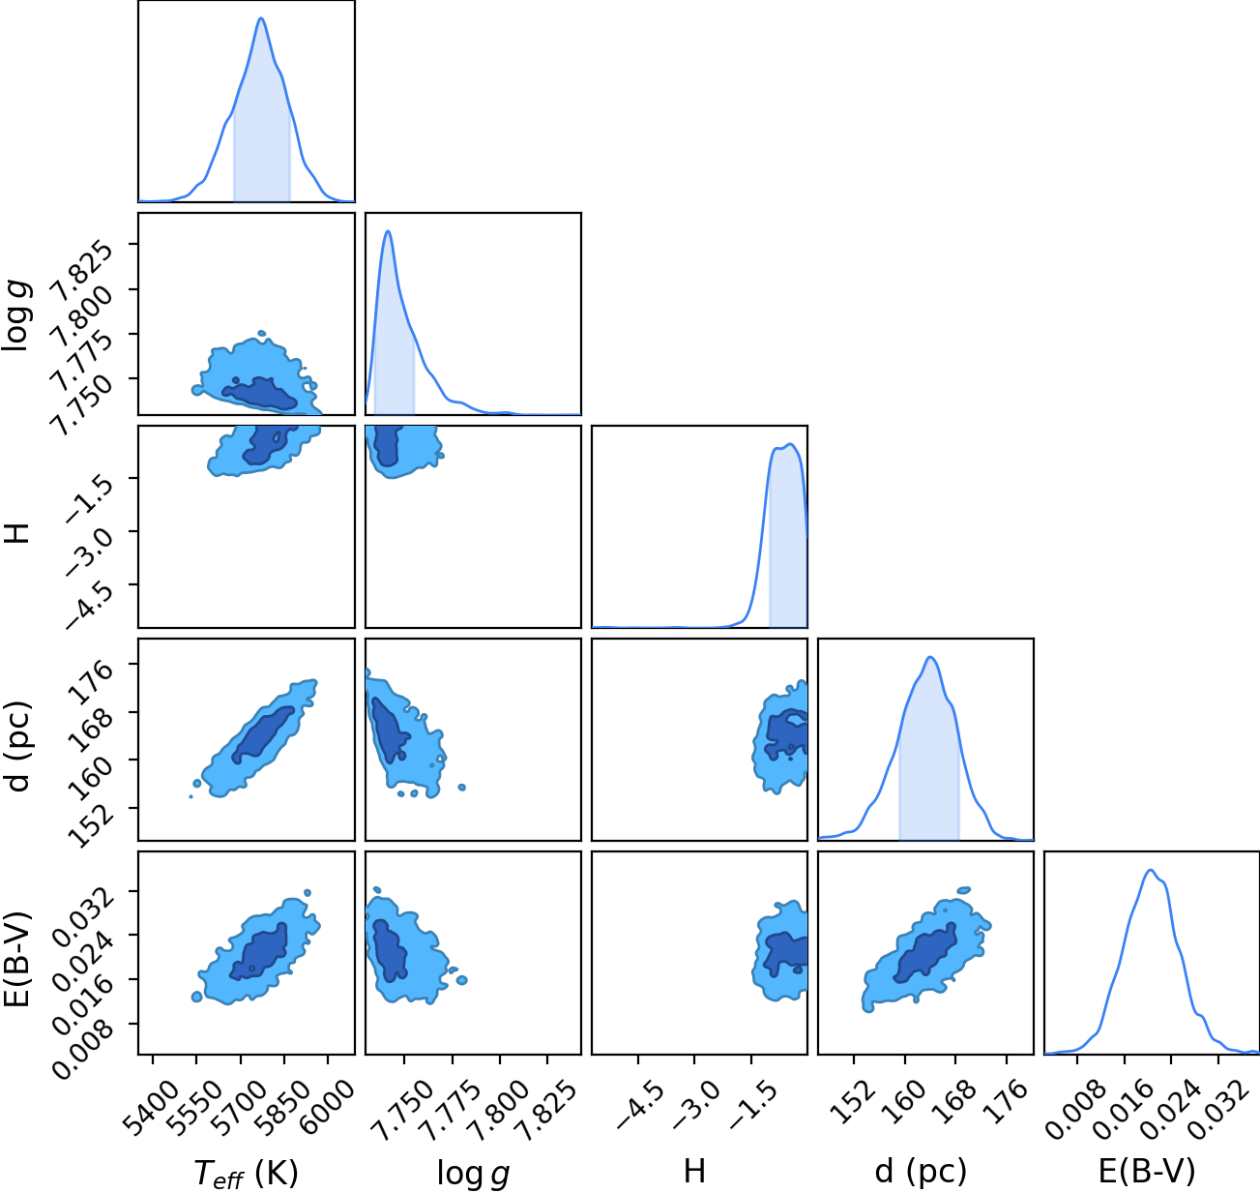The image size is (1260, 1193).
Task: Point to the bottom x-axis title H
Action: tap(694, 1171)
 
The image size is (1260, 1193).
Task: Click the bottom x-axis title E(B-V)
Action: tap(1147, 1172)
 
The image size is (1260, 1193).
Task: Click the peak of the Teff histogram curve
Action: tap(261, 18)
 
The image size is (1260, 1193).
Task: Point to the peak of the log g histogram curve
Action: tap(388, 231)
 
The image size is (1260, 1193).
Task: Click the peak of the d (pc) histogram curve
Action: tap(930, 657)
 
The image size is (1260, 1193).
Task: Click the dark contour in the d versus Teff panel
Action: tap(263, 735)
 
